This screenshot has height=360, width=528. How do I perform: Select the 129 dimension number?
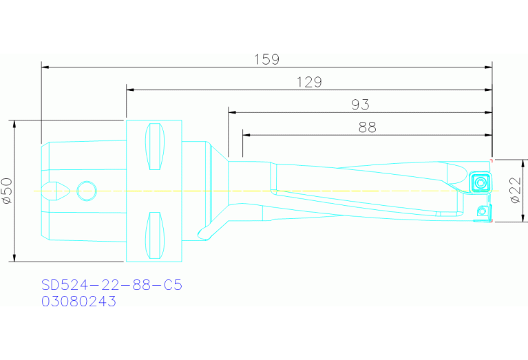point(309,82)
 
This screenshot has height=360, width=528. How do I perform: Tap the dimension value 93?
point(360,105)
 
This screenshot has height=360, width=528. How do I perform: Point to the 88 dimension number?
point(367,127)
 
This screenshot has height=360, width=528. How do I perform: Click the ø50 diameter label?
point(7,191)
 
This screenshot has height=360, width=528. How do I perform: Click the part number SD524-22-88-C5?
point(112,285)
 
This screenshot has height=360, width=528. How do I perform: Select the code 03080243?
point(78,301)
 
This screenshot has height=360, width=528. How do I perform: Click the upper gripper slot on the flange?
point(156,146)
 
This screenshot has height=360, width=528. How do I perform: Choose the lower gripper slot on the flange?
point(156,235)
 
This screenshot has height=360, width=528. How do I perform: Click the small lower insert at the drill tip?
point(483,211)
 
